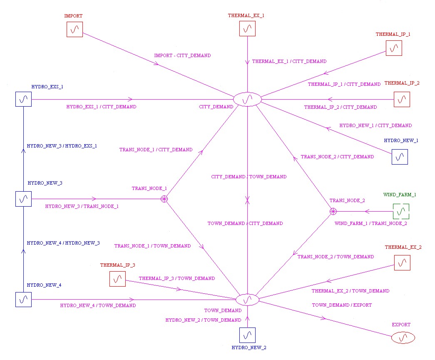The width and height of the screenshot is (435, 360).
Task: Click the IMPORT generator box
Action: coord(75,30)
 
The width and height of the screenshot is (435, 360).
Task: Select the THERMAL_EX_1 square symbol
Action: coord(247,29)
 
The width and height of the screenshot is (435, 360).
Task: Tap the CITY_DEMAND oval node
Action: coord(247,99)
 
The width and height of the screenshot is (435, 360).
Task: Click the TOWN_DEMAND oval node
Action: coord(247,300)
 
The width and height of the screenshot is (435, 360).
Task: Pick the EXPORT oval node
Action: coord(403,338)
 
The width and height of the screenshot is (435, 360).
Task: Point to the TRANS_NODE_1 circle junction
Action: coord(164,199)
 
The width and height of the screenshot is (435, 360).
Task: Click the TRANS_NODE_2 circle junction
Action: coord(333,211)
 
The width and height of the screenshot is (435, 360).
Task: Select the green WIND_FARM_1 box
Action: coord(401,211)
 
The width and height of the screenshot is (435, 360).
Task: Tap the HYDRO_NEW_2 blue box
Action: coord(247,335)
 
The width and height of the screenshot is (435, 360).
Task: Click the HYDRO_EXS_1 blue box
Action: coord(24,99)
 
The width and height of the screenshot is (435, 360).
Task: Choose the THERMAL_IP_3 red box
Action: coord(118,279)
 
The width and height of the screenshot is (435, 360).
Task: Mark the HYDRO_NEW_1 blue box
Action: coord(400,157)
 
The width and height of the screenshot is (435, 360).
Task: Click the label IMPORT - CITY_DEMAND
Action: coord(183,55)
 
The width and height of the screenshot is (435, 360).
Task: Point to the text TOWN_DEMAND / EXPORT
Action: coord(342,305)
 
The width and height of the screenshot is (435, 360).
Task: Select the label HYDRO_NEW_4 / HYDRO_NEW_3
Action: coord(63,243)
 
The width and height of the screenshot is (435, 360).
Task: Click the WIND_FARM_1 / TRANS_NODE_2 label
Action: coord(370,223)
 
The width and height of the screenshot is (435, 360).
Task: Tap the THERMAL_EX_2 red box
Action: coord(402,263)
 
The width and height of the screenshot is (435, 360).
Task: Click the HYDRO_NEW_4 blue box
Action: coord(24,300)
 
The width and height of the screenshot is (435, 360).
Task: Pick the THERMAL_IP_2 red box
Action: coord(402,100)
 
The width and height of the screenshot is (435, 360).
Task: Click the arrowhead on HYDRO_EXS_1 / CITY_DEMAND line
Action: coord(130,99)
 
